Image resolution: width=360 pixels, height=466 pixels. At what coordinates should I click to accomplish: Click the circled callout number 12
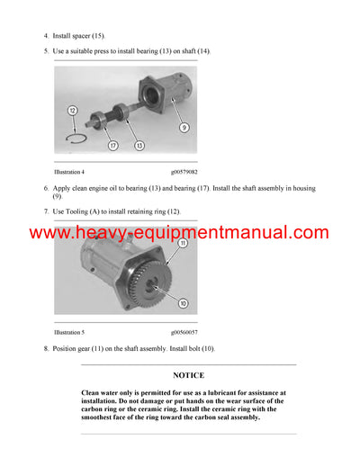[x=71, y=110]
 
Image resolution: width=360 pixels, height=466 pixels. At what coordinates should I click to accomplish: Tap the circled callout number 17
[x=112, y=145]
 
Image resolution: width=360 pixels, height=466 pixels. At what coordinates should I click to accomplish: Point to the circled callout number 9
[x=184, y=128]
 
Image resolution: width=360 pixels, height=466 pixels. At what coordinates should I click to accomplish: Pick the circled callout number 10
[x=184, y=302]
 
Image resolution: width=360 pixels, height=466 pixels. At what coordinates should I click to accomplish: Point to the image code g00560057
[x=184, y=331]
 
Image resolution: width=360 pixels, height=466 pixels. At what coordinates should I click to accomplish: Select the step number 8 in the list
[x=46, y=348]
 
